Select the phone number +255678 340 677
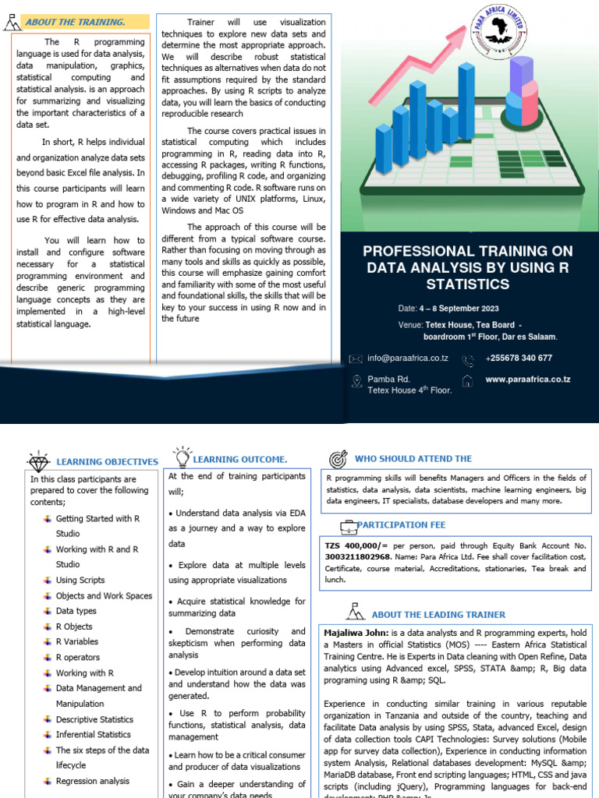point(518,358)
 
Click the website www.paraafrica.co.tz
point(527,380)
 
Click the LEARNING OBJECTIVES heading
point(107,462)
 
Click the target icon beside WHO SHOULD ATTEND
point(338,458)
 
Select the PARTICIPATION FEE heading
point(400,524)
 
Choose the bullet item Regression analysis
point(92,781)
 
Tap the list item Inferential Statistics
point(93,734)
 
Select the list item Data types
point(76,611)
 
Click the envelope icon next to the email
point(356,358)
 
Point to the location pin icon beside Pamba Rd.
point(356,380)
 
